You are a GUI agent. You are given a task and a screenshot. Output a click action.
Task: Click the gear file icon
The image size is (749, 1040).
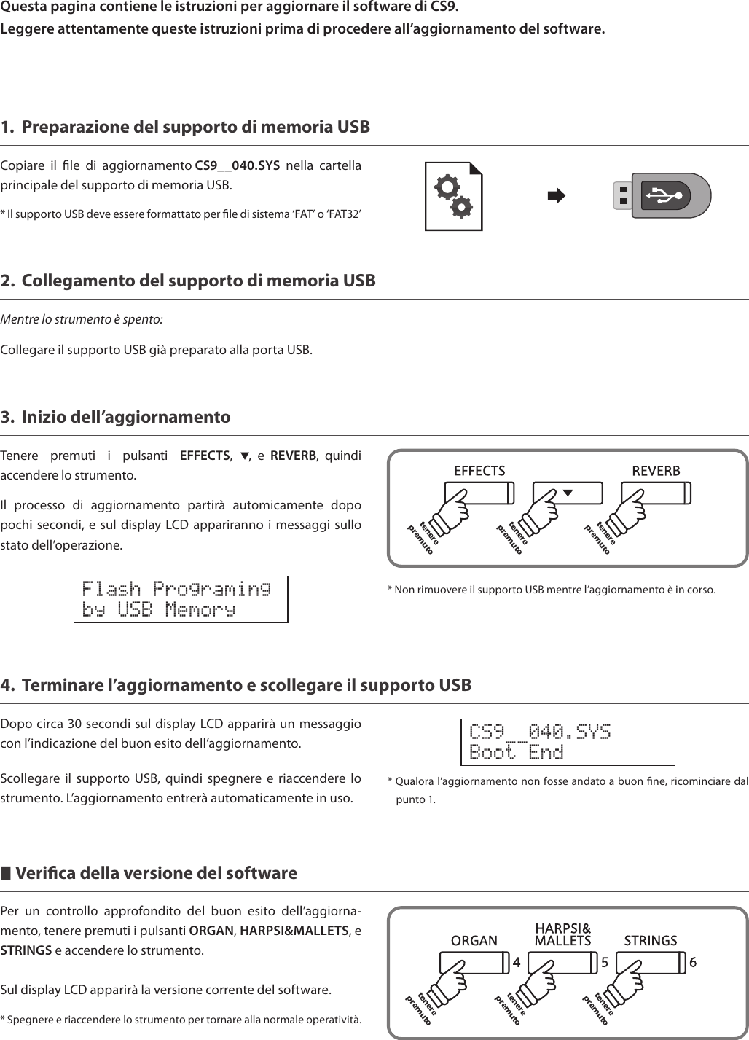click(x=454, y=197)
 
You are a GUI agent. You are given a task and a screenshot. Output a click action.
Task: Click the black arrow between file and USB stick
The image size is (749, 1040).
click(x=556, y=196)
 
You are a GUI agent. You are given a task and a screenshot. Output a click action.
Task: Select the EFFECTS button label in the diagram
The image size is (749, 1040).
click(x=479, y=471)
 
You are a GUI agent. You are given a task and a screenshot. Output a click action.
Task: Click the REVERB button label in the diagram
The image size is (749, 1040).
click(x=656, y=471)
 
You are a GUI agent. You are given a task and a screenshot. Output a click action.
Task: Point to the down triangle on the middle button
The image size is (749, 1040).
click(x=568, y=493)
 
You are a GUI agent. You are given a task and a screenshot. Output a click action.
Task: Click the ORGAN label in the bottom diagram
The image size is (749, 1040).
click(x=474, y=941)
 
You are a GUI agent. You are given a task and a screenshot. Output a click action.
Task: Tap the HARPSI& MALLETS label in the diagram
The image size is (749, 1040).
click(x=562, y=934)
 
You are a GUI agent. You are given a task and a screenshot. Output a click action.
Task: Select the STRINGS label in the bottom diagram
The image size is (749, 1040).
click(x=651, y=941)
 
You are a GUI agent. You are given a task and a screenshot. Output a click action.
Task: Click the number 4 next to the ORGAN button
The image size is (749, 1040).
click(x=517, y=962)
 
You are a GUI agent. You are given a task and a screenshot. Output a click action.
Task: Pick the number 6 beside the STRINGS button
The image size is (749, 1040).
click(x=693, y=962)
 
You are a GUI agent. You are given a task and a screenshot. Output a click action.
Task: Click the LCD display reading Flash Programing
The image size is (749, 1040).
click(x=181, y=599)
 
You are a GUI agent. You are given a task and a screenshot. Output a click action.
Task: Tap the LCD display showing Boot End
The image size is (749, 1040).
click(x=568, y=742)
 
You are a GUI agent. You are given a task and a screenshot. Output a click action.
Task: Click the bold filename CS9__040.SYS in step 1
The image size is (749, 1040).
click(x=238, y=165)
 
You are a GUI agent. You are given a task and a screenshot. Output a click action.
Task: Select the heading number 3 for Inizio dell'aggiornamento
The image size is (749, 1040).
click(x=7, y=418)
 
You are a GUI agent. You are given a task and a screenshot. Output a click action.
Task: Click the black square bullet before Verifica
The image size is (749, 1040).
click(x=6, y=873)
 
